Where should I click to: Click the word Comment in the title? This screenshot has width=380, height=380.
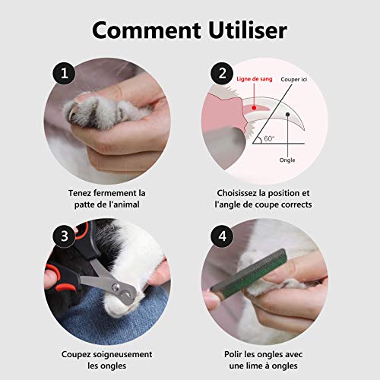147,30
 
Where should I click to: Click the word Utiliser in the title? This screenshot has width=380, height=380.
248,30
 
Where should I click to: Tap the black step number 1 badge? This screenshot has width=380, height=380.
64,74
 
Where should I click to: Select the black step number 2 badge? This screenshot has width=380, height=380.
222,74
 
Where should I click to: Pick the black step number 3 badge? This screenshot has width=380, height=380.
64,236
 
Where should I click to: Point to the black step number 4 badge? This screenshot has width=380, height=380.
222,236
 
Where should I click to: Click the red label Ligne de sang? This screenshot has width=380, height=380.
255,79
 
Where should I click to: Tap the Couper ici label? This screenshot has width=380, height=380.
293,79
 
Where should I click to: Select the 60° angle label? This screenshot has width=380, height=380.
269,138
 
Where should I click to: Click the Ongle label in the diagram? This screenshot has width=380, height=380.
287,160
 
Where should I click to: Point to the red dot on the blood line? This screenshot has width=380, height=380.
254,108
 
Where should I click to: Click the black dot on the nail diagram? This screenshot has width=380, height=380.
287,115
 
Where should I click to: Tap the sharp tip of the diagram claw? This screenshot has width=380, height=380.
304,131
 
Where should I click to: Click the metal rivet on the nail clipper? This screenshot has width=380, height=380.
116,287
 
